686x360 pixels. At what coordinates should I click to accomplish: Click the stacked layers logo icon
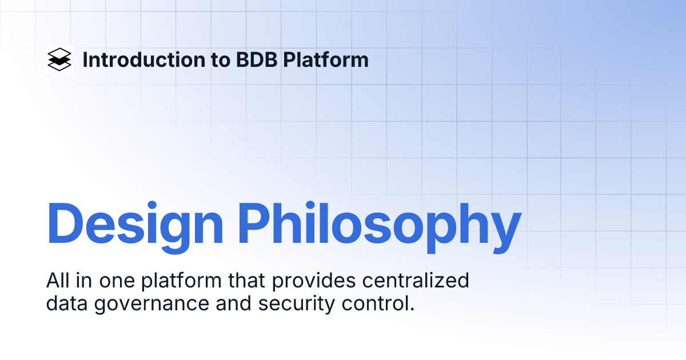[x=59, y=59]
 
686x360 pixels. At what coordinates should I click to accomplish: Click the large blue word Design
[x=135, y=223]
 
